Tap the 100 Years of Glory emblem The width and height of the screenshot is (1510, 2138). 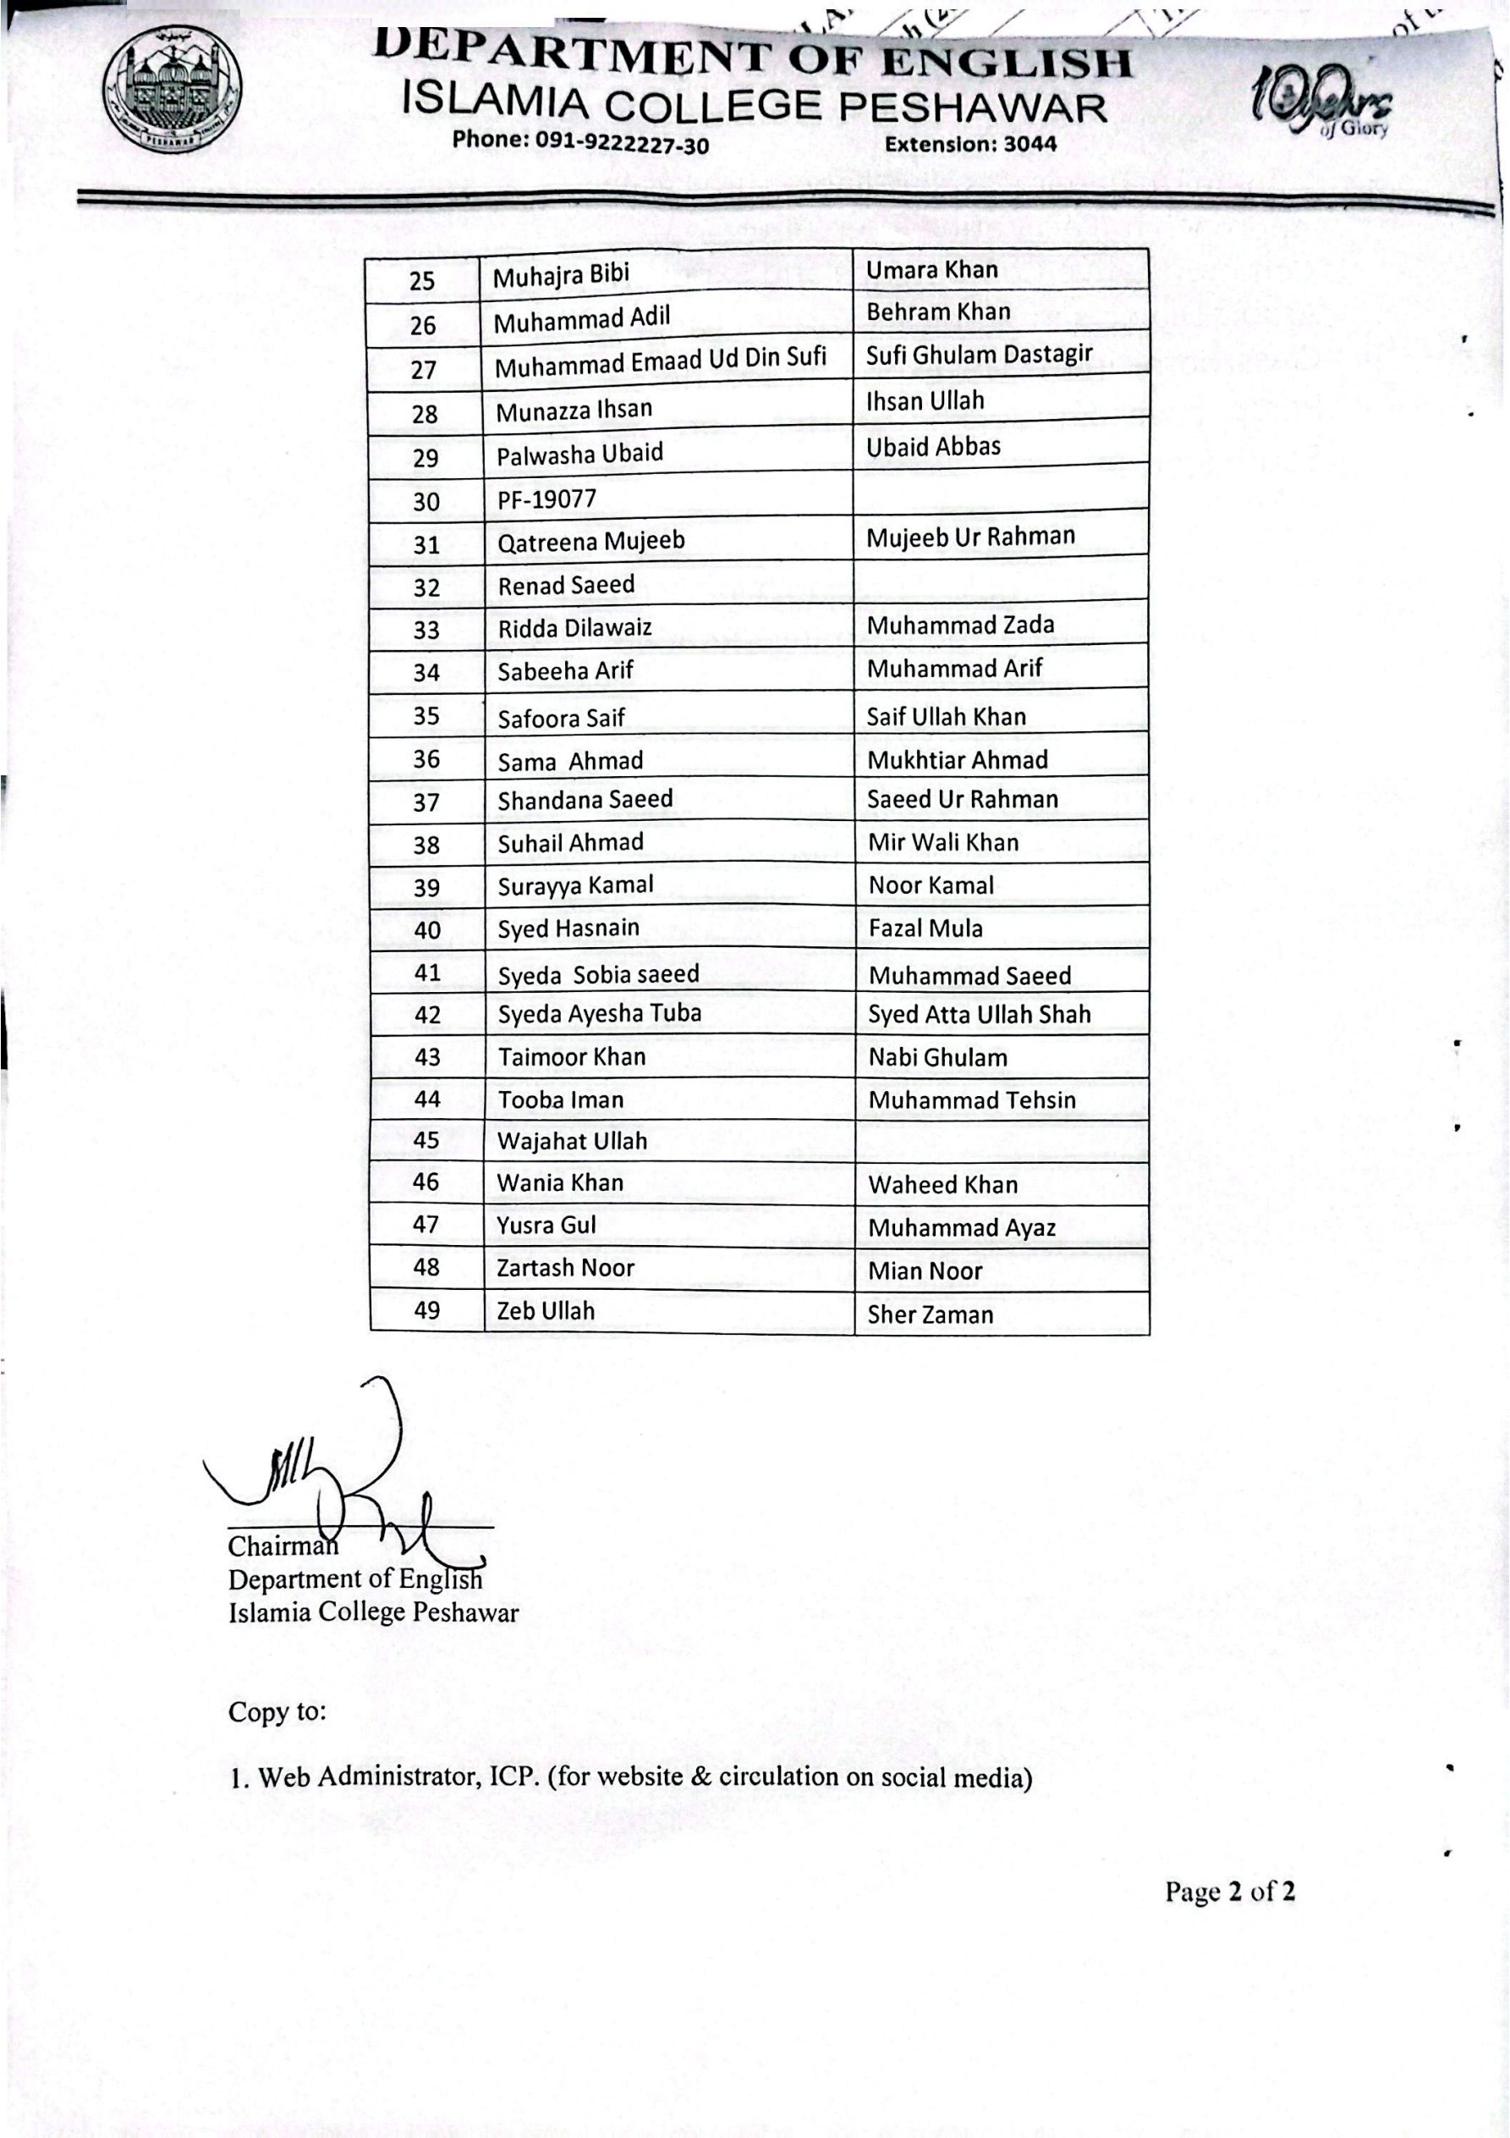pos(1323,103)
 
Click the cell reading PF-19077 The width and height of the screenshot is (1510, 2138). pos(546,500)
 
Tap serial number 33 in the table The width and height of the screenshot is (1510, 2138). pos(426,631)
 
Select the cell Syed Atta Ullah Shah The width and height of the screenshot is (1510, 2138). pos(979,1014)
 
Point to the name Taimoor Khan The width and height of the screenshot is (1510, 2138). pos(571,1057)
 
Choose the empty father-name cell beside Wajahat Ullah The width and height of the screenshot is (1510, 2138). pos(1001,1141)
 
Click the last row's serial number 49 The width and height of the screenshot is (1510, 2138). pos(426,1310)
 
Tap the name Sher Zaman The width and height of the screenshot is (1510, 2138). pos(930,1314)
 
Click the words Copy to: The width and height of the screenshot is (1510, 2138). pos(277,1712)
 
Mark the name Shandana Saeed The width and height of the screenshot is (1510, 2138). pos(585,800)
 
